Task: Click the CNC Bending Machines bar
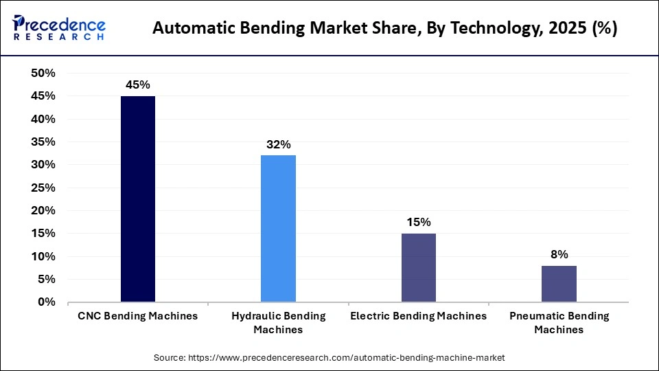click(137, 199)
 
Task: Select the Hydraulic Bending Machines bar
click(278, 229)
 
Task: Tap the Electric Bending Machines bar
click(418, 267)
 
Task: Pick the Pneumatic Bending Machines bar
click(559, 284)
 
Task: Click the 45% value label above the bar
click(137, 85)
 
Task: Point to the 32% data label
click(278, 144)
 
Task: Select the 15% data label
click(418, 222)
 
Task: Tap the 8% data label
click(559, 254)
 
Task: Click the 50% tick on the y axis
click(43, 74)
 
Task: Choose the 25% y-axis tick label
click(43, 188)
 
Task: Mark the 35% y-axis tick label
click(43, 142)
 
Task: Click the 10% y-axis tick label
click(43, 256)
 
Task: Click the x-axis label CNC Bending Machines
click(137, 316)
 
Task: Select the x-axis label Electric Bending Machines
click(418, 316)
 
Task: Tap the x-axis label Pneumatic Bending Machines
click(559, 322)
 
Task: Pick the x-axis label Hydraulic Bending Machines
click(278, 322)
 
